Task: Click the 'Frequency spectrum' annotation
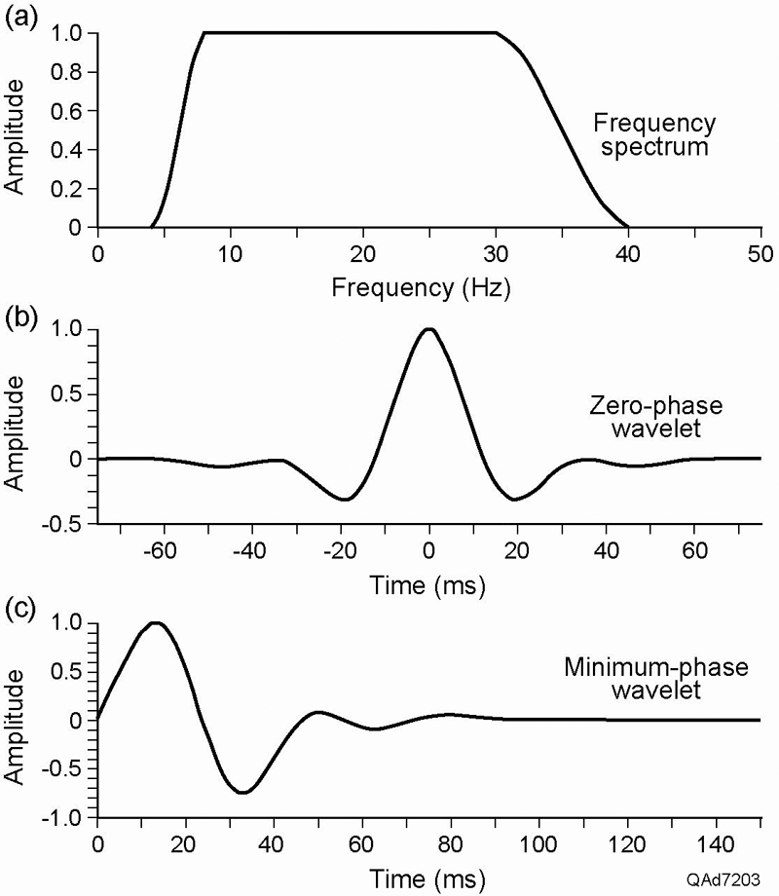[x=655, y=136]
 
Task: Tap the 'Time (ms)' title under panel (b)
[x=427, y=586]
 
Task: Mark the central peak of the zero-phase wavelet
[x=428, y=329]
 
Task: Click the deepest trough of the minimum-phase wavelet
[x=242, y=793]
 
